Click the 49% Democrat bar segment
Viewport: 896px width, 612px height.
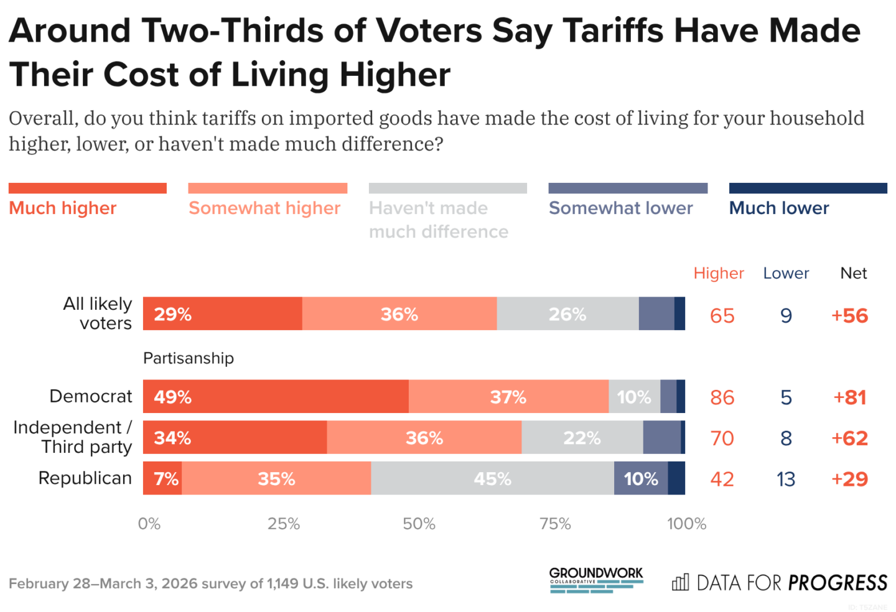pyautogui.click(x=276, y=397)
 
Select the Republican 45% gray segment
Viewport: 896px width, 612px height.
pyautogui.click(x=492, y=479)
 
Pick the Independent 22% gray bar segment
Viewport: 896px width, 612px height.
pyautogui.click(x=582, y=438)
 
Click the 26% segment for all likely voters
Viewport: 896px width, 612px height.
pyautogui.click(x=567, y=314)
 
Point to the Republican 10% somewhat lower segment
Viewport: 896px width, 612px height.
pyautogui.click(x=641, y=479)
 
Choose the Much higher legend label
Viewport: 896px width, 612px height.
pyautogui.click(x=63, y=208)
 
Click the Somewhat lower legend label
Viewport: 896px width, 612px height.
pyautogui.click(x=620, y=208)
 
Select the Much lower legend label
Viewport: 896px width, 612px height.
pyautogui.click(x=779, y=208)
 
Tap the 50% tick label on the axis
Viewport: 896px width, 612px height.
pyautogui.click(x=419, y=524)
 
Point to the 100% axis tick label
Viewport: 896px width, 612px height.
pyautogui.click(x=686, y=524)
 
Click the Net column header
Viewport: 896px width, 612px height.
pyautogui.click(x=853, y=273)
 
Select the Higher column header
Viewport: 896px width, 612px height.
pyautogui.click(x=719, y=273)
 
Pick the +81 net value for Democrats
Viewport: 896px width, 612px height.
pyautogui.click(x=850, y=397)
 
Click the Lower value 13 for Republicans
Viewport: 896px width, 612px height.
pyautogui.click(x=786, y=479)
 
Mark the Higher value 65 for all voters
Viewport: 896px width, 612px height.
pyautogui.click(x=722, y=315)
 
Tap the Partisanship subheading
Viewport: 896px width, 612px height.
pyautogui.click(x=189, y=358)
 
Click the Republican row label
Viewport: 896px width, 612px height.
pyautogui.click(x=85, y=478)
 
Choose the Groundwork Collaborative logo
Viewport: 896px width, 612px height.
pyautogui.click(x=596, y=580)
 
